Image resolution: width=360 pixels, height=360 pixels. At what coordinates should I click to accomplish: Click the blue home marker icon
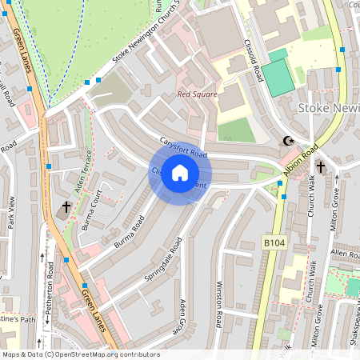pos(180,173)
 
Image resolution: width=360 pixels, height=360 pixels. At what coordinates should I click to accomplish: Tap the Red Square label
pos(195,94)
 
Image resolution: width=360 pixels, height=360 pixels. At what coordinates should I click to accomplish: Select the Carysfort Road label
pos(183,147)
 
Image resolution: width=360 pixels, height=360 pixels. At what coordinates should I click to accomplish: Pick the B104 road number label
pos(274,241)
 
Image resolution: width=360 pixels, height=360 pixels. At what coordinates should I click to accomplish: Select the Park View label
pos(11,211)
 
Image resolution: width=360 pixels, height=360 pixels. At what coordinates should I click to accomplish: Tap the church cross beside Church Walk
pos(320,167)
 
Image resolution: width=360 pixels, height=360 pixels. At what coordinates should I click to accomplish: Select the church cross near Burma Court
pos(66,209)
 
